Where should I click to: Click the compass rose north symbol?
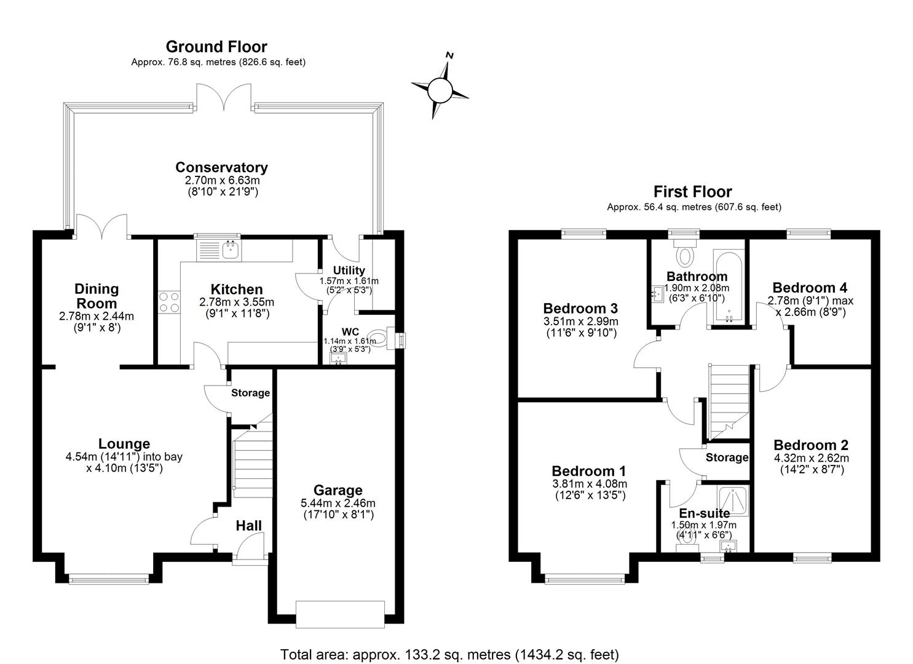coord(440,89)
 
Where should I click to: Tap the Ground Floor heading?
coord(216,47)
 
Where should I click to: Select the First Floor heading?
coord(693,192)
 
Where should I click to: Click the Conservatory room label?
coord(221,167)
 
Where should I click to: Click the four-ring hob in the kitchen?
coord(168,301)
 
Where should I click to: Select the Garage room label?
coord(338,490)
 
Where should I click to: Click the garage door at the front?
coord(340,614)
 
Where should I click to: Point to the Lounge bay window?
coord(109,578)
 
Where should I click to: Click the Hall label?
coord(249,526)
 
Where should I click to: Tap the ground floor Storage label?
coord(250,393)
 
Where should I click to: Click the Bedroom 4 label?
coord(809,288)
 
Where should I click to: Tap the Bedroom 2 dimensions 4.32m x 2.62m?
coord(811,458)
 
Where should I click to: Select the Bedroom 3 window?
coord(583,233)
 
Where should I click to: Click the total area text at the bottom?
coord(449,654)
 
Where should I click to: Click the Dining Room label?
coord(97,296)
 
